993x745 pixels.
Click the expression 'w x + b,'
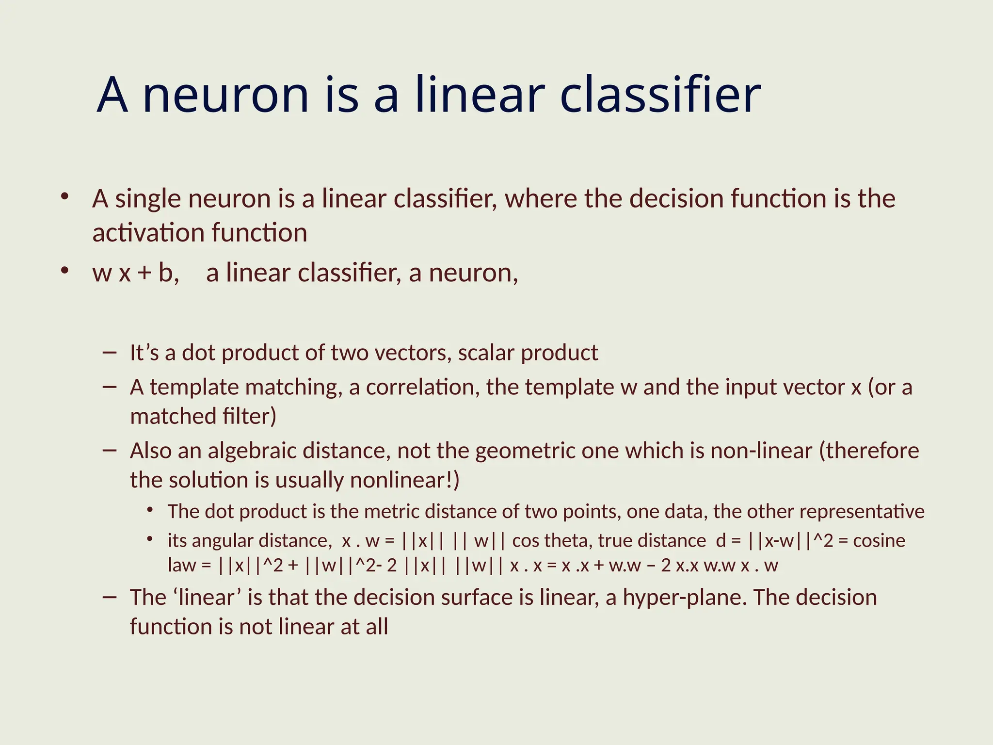pyautogui.click(x=135, y=273)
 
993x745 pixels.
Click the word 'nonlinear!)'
pyautogui.click(x=404, y=480)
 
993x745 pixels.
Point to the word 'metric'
pyautogui.click(x=391, y=512)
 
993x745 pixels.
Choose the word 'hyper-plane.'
pyautogui.click(x=685, y=598)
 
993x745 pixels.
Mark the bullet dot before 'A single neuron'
pyautogui.click(x=64, y=197)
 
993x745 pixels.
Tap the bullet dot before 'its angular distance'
pyautogui.click(x=151, y=539)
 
